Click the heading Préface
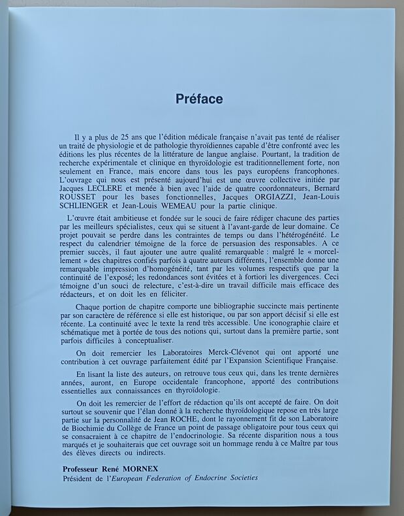(199, 99)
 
